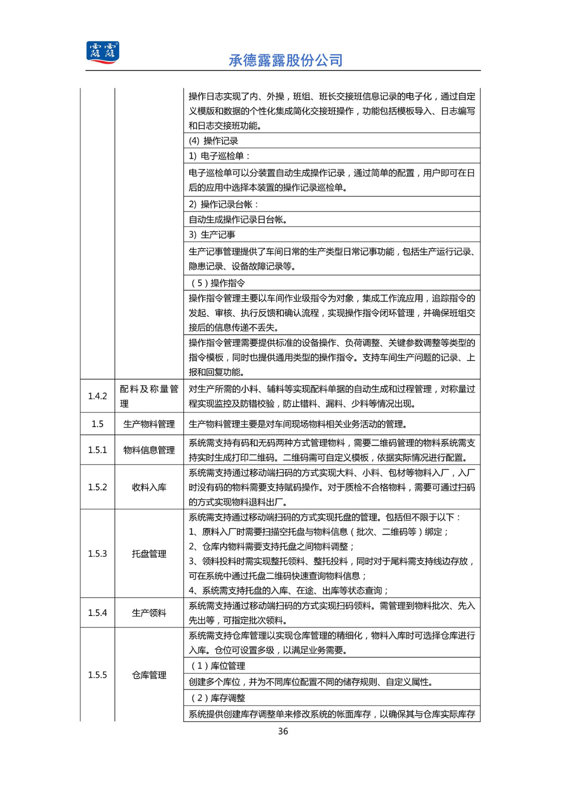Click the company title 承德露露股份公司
(x=286, y=60)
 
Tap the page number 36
(x=283, y=731)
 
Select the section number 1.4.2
(x=98, y=396)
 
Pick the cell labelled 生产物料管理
(x=149, y=424)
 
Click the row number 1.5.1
(x=98, y=450)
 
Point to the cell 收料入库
(x=149, y=487)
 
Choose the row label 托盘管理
(x=149, y=553)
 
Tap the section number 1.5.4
(x=98, y=612)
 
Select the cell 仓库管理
(x=149, y=675)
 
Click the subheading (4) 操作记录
(x=213, y=141)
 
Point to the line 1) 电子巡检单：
(x=219, y=156)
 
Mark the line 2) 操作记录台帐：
(x=224, y=204)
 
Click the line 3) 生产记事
(x=212, y=234)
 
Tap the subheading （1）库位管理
(x=217, y=666)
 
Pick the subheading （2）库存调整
(x=217, y=698)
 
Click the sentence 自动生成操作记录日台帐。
(x=238, y=219)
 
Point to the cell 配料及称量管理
(x=149, y=396)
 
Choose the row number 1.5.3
(x=98, y=553)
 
